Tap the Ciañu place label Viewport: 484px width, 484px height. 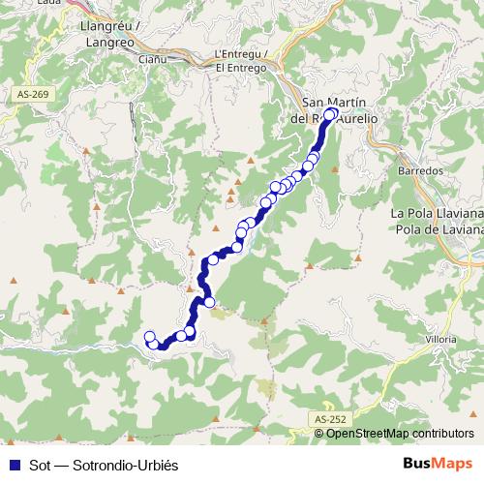point(154,59)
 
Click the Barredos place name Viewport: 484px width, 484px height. point(420,169)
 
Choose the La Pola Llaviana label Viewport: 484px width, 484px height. point(436,213)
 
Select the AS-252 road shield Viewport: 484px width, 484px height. point(330,418)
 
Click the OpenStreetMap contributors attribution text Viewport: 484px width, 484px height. point(400,433)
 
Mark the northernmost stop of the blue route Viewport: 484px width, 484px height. point(331,114)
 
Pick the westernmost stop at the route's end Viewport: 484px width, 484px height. point(150,337)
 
